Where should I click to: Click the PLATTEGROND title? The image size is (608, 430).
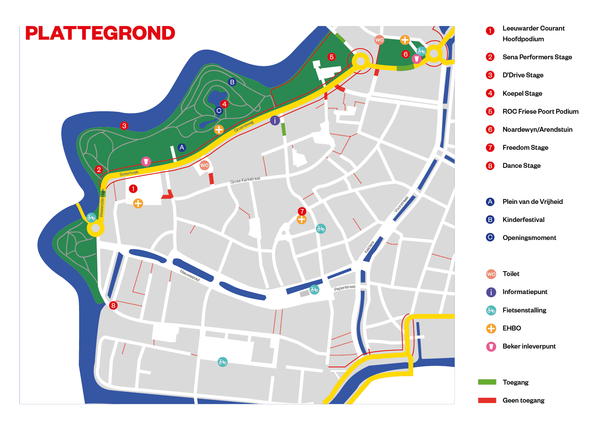(100, 33)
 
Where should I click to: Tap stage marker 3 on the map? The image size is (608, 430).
(124, 126)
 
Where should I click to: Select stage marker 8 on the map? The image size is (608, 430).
(113, 306)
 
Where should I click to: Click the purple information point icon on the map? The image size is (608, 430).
(275, 120)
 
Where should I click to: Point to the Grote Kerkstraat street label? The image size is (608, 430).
(245, 180)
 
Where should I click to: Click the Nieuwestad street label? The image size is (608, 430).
(190, 275)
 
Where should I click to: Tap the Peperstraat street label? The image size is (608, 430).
(345, 288)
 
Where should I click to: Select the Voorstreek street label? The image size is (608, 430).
(401, 204)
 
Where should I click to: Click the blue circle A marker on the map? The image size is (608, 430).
(182, 147)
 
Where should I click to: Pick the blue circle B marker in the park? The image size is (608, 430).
(232, 82)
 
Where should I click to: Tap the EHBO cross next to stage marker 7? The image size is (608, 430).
(302, 220)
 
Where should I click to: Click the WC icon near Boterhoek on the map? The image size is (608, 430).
(205, 165)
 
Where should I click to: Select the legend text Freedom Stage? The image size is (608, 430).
(525, 148)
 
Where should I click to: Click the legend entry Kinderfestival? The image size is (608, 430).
(523, 220)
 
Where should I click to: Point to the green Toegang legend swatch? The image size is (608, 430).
(487, 382)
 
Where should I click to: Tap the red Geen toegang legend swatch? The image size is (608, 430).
(487, 400)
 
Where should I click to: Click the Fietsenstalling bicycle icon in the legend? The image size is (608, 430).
(491, 310)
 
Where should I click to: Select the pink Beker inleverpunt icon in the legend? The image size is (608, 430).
(491, 346)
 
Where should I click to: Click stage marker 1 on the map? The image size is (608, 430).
(133, 189)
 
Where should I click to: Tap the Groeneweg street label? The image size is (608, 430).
(244, 126)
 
